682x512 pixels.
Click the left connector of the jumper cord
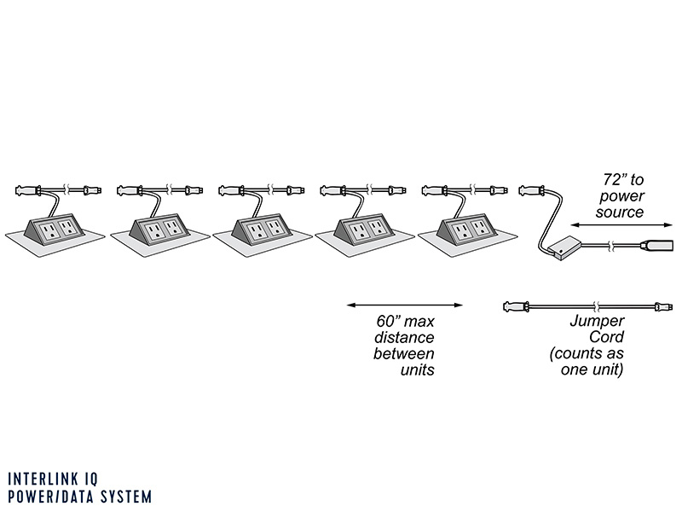[x=517, y=305]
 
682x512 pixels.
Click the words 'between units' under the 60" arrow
[x=403, y=362]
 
